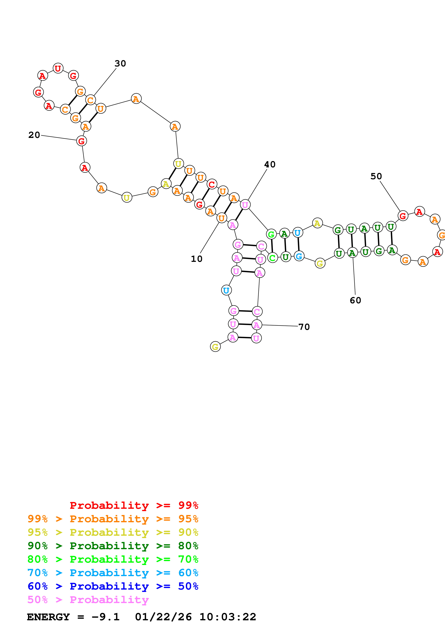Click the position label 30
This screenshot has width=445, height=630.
[x=120, y=64]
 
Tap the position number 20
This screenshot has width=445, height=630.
[x=34, y=135]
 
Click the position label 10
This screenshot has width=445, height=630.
[x=197, y=259]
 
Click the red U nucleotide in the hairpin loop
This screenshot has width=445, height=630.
[x=58, y=68]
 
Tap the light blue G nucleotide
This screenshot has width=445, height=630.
[x=299, y=256]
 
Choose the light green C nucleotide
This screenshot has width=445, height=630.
[x=272, y=258]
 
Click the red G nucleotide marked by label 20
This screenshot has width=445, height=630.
[x=81, y=141]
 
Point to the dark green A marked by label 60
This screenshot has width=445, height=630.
[x=352, y=253]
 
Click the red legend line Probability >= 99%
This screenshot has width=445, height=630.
[x=134, y=505]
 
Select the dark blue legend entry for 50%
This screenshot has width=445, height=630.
[x=113, y=586]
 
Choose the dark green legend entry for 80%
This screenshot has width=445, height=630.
[x=113, y=546]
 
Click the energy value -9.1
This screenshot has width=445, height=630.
[x=106, y=617]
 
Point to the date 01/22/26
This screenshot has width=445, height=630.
[x=163, y=617]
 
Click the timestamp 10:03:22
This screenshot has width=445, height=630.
[x=228, y=617]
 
